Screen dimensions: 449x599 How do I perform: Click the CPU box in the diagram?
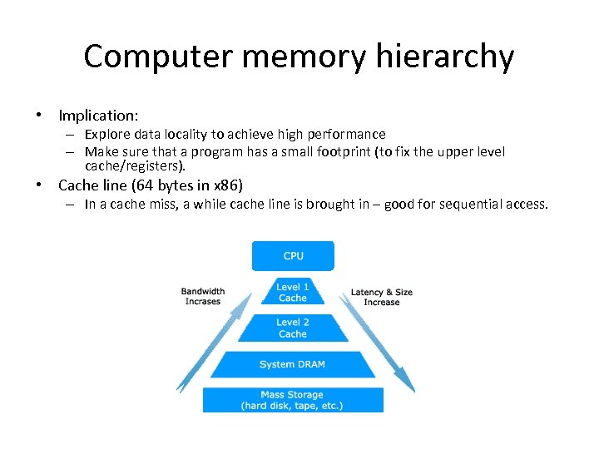click(x=293, y=256)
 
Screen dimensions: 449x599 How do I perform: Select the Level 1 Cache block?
click(x=293, y=292)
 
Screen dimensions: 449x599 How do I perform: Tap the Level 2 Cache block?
click(x=293, y=328)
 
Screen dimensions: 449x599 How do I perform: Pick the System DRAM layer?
click(x=293, y=364)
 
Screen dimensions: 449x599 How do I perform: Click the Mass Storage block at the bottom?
click(x=293, y=400)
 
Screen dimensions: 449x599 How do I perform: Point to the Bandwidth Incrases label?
click(x=203, y=296)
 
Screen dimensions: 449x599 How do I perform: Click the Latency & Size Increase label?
click(x=382, y=297)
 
